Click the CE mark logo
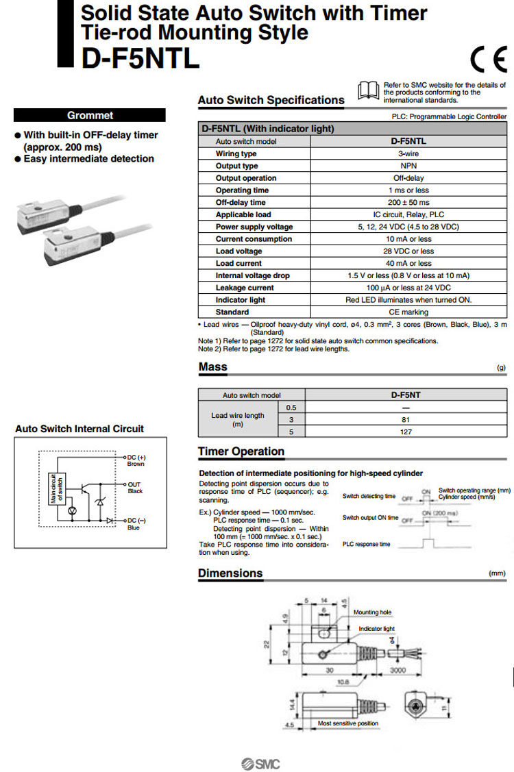click(x=488, y=62)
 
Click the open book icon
click(x=368, y=90)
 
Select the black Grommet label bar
click(x=90, y=115)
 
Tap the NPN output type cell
click(x=408, y=166)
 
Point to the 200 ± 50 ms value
click(x=408, y=203)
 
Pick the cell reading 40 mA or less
click(x=408, y=263)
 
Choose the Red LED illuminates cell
click(x=408, y=300)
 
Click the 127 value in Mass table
click(x=406, y=432)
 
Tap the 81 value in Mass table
click(x=406, y=419)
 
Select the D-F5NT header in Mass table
click(x=406, y=395)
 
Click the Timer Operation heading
click(x=241, y=451)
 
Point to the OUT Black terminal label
click(x=134, y=488)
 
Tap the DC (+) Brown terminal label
click(x=135, y=460)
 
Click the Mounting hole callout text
click(x=371, y=612)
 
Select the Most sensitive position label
click(x=347, y=723)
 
